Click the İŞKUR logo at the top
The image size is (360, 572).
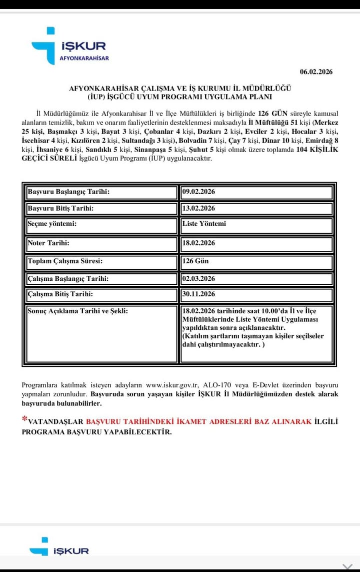70,46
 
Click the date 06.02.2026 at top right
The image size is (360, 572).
316,72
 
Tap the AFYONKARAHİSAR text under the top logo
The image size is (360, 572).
84,58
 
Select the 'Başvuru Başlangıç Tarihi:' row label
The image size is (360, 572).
68,192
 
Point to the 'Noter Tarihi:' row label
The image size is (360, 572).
48,243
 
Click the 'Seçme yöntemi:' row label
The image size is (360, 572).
52,224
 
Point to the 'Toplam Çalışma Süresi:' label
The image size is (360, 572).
65,261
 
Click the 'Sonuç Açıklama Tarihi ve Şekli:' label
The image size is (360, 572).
77,311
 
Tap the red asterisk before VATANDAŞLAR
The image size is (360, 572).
24,420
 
